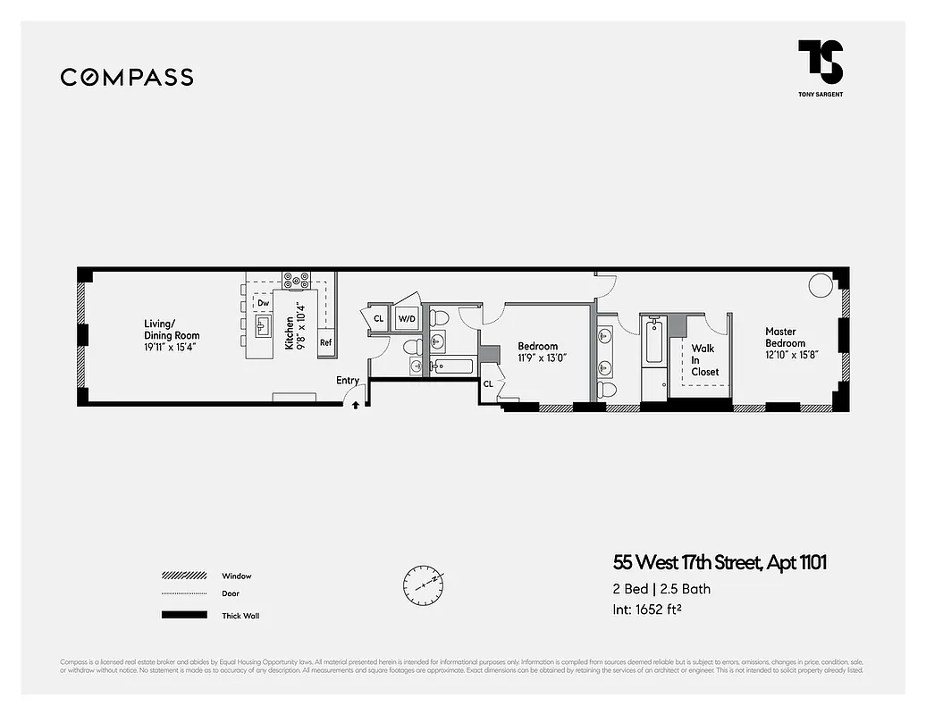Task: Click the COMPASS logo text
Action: tap(127, 77)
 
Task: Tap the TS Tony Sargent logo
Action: tap(821, 65)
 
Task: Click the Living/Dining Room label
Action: tap(172, 335)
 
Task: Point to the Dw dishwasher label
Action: tap(264, 304)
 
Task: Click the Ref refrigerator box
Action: tap(326, 342)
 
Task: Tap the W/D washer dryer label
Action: tap(407, 318)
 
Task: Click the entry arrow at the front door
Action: tap(356, 404)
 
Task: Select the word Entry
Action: tap(348, 381)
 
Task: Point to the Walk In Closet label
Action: tap(703, 360)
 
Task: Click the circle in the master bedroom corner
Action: tap(820, 285)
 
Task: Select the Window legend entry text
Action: tap(237, 576)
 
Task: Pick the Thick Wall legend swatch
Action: tap(184, 615)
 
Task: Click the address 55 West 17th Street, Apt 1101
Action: tap(720, 563)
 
